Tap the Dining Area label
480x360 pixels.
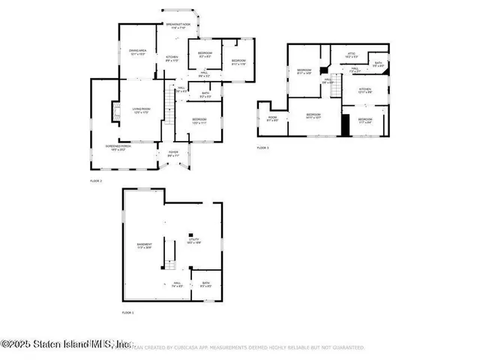[138, 52]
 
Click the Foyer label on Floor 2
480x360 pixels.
[172, 155]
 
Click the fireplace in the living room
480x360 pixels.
[115, 112]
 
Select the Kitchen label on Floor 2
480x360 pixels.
[171, 58]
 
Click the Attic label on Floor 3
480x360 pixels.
[351, 55]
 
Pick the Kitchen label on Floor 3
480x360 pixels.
[364, 90]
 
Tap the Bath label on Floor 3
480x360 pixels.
[379, 64]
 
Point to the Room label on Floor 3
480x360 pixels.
[273, 118]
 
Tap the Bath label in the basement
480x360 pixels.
[206, 285]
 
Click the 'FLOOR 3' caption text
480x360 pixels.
[262, 148]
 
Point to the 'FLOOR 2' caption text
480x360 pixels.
[96, 181]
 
